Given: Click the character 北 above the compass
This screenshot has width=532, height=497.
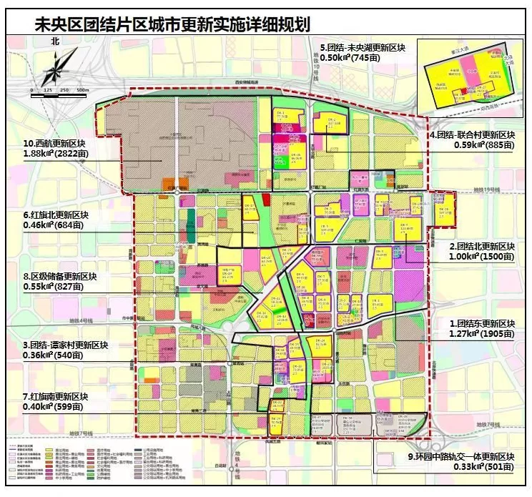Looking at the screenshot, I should pyautogui.click(x=55, y=42).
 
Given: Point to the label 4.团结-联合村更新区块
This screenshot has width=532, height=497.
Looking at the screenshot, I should pyautogui.click(x=471, y=134).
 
